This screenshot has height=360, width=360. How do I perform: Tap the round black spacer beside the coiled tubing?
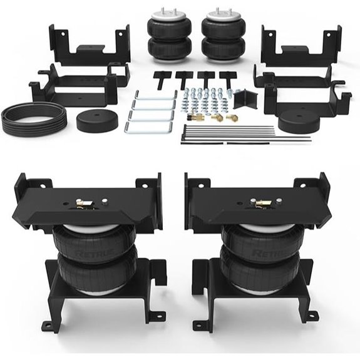click(x=96, y=119)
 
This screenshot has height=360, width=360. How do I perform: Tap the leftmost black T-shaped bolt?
click(x=161, y=78)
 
